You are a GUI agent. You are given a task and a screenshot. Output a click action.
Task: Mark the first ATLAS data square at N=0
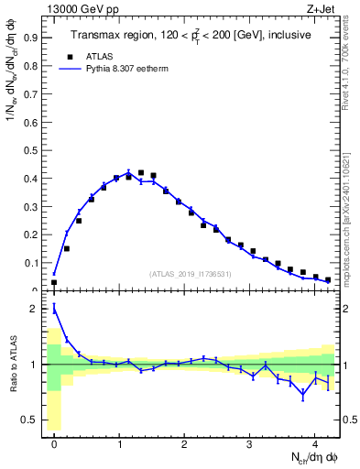54,282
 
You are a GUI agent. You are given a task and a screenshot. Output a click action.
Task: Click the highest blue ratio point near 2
54,309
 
